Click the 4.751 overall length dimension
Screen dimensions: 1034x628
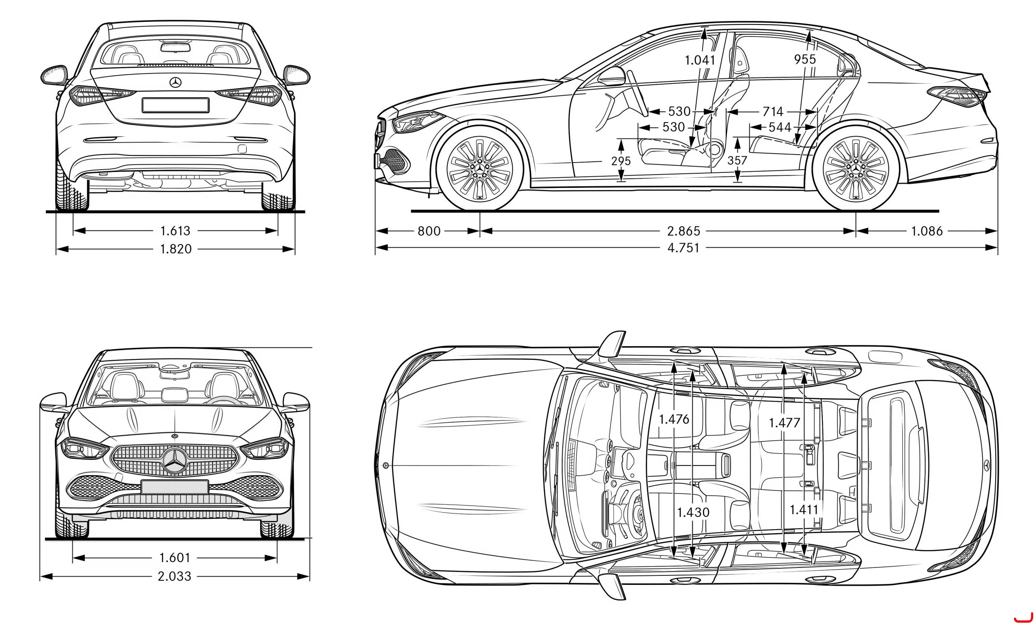[x=683, y=248]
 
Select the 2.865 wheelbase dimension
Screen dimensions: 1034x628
[x=683, y=231]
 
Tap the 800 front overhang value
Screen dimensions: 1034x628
[x=429, y=231]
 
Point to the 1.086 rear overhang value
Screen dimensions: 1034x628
[x=927, y=231]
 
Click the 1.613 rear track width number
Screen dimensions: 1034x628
[x=175, y=231]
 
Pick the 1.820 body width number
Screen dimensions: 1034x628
[x=176, y=249]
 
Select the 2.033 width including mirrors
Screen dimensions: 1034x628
[x=175, y=576]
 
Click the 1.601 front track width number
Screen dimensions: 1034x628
[x=175, y=558]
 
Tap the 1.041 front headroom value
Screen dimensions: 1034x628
[x=700, y=60]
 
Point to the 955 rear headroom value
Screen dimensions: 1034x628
[x=805, y=59]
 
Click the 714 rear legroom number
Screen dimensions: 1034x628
[x=772, y=111]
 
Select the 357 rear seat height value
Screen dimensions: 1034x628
[x=737, y=160]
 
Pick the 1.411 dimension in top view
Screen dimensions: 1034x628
[x=804, y=510]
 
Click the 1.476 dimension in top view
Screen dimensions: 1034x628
[x=674, y=419]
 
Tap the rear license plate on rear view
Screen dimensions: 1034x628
[x=176, y=105]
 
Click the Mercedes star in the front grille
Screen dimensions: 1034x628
[x=175, y=461]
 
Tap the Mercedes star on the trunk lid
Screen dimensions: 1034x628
[x=176, y=83]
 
